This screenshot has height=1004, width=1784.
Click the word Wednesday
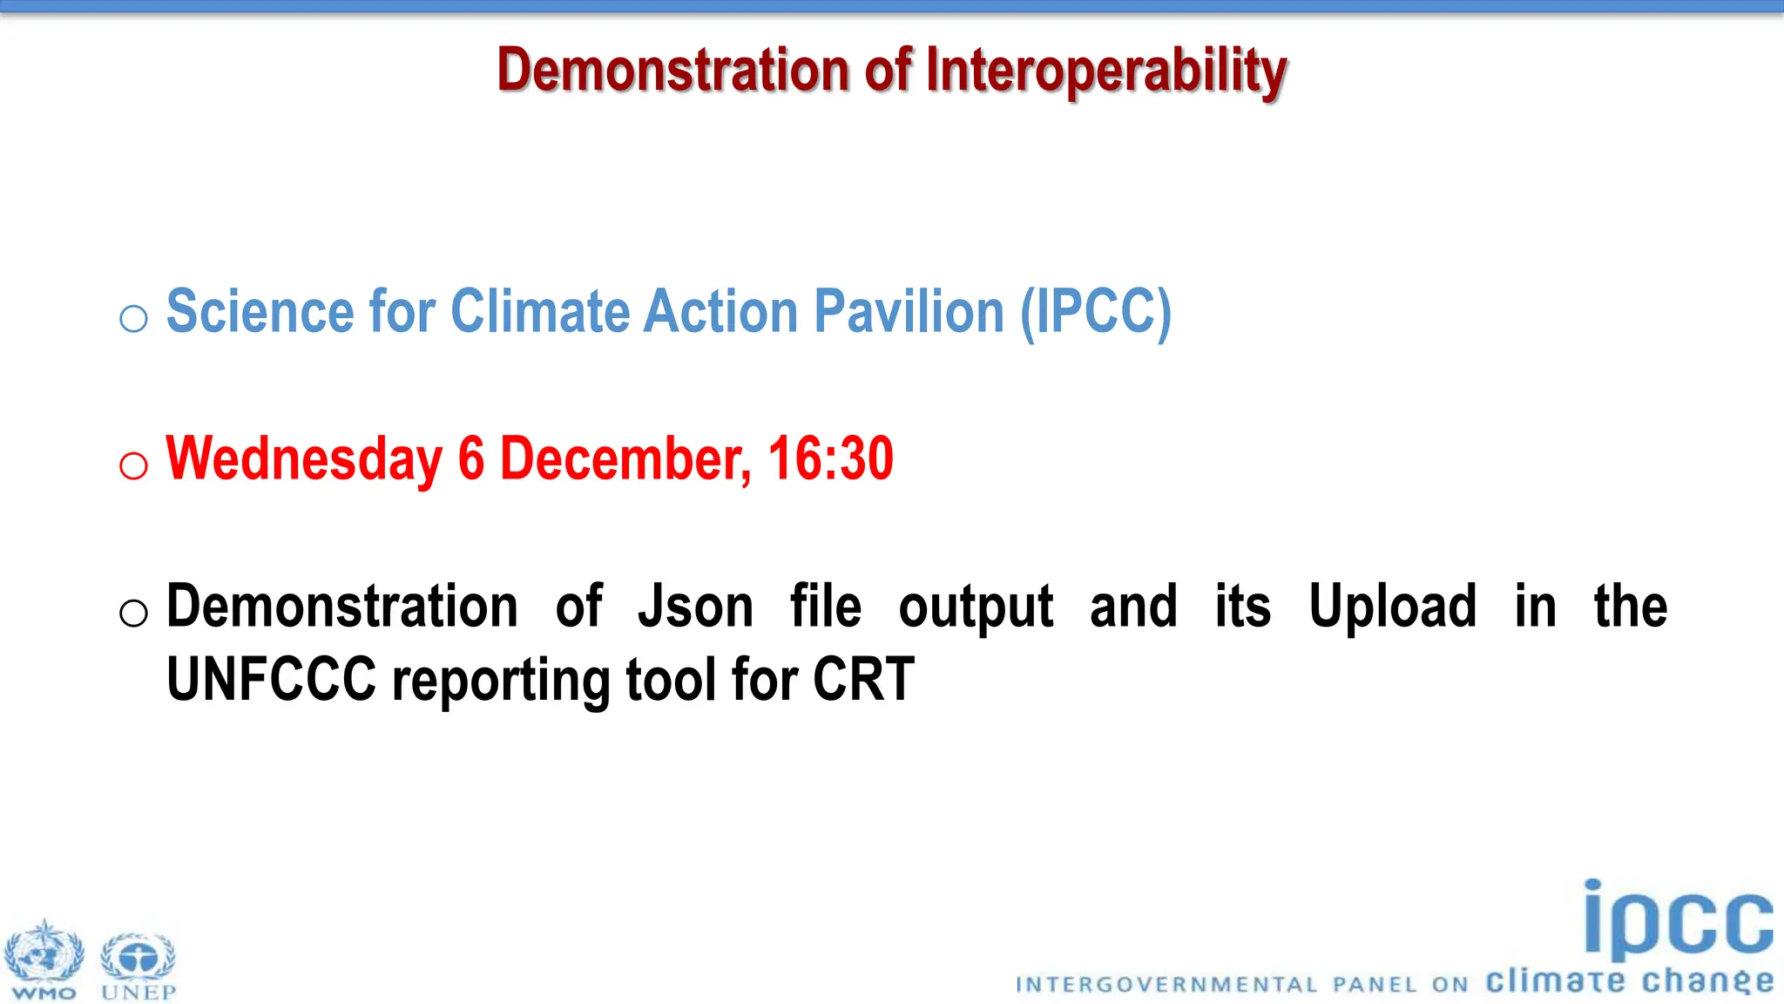304,459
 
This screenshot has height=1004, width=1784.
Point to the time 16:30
830,459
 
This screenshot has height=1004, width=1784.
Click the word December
625,459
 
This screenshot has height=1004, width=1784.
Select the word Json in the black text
695,607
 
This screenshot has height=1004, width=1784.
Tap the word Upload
1392,607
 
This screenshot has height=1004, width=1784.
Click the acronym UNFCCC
271,681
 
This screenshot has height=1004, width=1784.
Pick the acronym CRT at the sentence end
863,681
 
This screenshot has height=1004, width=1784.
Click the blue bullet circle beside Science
133,319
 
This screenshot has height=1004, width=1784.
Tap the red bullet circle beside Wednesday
133,466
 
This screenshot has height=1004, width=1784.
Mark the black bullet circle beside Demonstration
133,614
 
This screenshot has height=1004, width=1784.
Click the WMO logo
44,959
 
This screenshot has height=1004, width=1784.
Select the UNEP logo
139,963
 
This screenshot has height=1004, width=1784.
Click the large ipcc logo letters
1677,920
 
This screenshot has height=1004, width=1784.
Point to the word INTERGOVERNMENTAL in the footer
1166,985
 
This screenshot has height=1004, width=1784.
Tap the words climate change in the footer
1629,981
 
